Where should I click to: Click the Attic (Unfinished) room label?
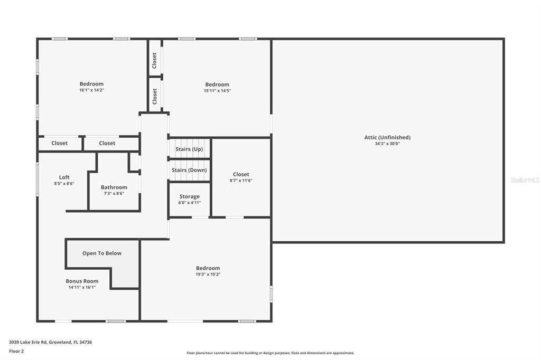(x=387, y=137)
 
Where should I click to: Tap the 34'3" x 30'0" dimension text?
(x=387, y=144)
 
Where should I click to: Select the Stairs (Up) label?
(x=189, y=149)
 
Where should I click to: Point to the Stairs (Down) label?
(x=189, y=170)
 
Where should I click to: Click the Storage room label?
(x=189, y=196)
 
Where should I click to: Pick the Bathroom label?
(x=114, y=187)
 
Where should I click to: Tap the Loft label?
(x=64, y=177)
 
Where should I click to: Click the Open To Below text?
(x=102, y=253)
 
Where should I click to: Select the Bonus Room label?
(x=82, y=281)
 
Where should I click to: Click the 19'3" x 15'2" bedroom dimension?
(x=208, y=274)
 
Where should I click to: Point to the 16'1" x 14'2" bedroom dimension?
(x=91, y=90)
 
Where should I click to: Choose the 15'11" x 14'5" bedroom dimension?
(x=217, y=91)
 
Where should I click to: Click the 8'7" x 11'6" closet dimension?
(x=241, y=181)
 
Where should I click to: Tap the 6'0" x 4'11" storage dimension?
(x=189, y=203)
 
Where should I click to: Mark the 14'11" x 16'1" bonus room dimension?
(x=82, y=288)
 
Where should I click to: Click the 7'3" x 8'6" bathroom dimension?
(x=114, y=194)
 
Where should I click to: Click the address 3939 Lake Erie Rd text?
(x=50, y=342)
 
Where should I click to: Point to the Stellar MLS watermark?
(x=525, y=180)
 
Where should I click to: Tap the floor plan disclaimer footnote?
(x=270, y=353)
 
